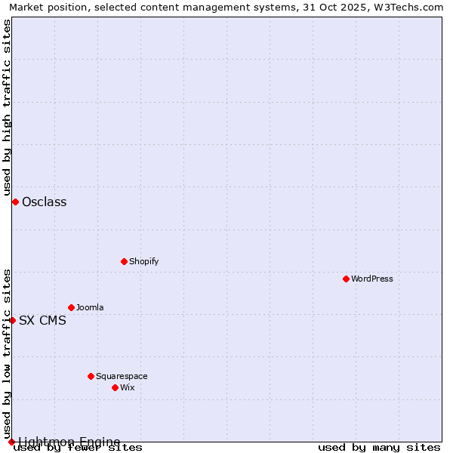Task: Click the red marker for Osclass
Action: pos(15,202)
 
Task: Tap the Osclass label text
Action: pos(44,202)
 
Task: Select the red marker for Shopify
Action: pos(124,261)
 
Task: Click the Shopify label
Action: pos(143,261)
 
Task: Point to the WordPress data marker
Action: pos(346,279)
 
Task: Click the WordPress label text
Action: pos(371,279)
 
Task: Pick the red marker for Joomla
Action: pos(71,307)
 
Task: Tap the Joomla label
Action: pos(90,307)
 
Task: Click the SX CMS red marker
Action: pos(12,320)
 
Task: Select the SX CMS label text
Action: pos(42,320)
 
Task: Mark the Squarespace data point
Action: pos(91,376)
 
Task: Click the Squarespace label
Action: pos(122,376)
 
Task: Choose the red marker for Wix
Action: pos(115,387)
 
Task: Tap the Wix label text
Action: pos(127,387)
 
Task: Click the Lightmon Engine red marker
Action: pos(11,442)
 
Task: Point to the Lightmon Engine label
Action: pos(69,442)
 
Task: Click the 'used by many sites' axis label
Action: pos(379,448)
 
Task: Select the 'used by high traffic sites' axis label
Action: pos(7,107)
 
